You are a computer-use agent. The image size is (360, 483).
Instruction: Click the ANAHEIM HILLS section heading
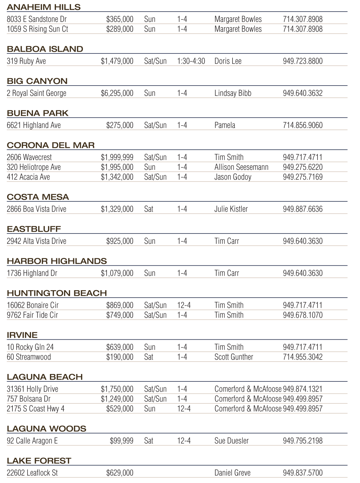click(44, 7)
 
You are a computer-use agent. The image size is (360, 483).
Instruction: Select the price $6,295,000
click(117, 93)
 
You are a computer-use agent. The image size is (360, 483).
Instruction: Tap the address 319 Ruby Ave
click(26, 61)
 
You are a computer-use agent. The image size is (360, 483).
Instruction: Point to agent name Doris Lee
click(228, 61)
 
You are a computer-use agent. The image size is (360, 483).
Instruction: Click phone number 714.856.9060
click(302, 125)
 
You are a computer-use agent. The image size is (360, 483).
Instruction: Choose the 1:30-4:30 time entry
click(191, 61)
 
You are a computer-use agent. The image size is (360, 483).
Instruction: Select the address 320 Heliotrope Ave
click(34, 167)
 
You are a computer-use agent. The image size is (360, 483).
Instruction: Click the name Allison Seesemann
click(241, 167)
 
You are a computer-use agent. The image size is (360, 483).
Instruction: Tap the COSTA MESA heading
click(38, 197)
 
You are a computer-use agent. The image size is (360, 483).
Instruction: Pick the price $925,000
click(120, 241)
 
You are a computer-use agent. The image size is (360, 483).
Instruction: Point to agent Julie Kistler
click(231, 209)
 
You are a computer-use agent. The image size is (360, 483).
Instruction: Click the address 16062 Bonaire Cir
click(33, 305)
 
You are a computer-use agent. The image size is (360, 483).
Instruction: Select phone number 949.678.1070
click(302, 315)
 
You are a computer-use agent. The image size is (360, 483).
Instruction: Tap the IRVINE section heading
click(22, 335)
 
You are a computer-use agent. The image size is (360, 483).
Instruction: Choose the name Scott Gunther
click(234, 357)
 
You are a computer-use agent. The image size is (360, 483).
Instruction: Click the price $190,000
click(120, 357)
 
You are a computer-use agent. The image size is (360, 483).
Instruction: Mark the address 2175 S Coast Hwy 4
click(35, 409)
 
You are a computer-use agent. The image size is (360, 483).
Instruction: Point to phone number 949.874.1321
click(302, 389)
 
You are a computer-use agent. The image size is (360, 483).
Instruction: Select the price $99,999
click(121, 441)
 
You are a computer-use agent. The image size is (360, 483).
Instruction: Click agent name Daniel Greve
click(232, 473)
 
